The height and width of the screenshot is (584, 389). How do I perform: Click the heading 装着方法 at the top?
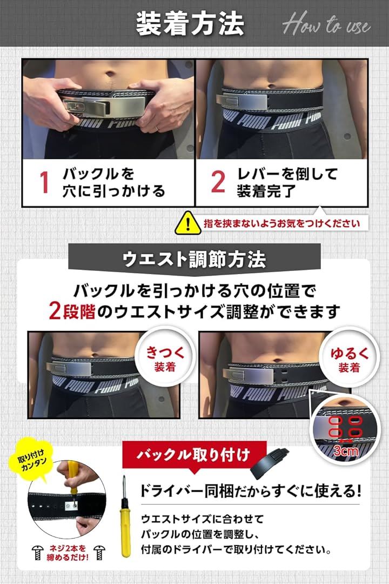(x=190, y=25)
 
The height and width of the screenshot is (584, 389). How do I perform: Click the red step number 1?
(x=45, y=183)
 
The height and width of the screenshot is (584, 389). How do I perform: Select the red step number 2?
(x=217, y=183)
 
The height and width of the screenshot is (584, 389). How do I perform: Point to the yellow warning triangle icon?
(x=187, y=222)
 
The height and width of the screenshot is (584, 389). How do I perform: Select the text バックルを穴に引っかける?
(x=113, y=183)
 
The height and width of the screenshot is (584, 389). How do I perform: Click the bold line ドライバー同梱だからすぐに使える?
(x=250, y=492)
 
